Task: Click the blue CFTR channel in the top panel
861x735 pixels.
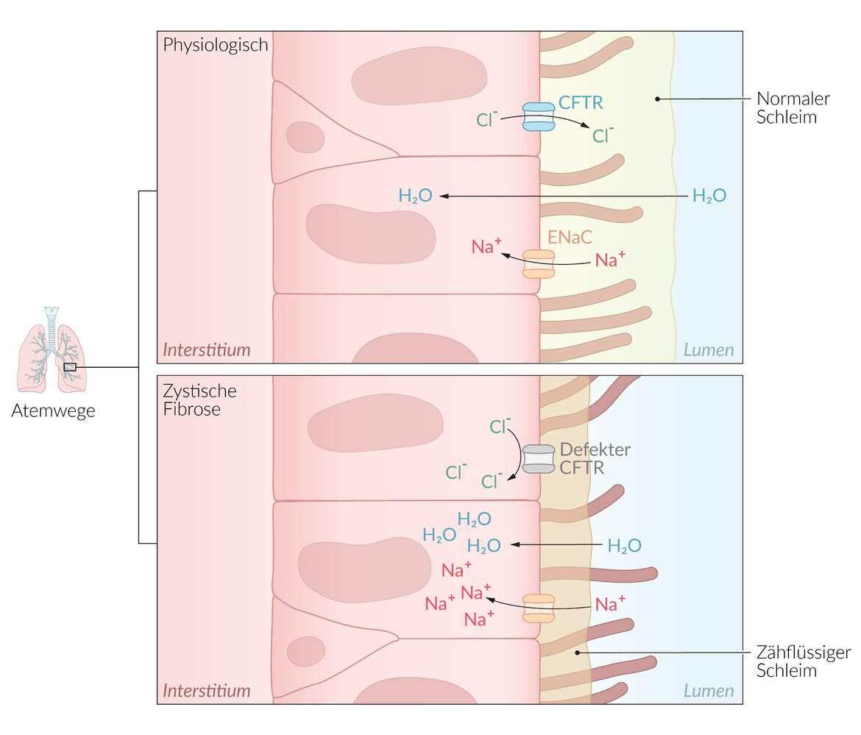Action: pos(537,117)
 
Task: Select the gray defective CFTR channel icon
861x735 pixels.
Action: pos(538,459)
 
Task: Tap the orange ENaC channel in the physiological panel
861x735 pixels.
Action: pos(538,264)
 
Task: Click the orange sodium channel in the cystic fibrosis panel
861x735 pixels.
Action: pos(538,608)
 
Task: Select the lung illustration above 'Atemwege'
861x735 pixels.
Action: pos(52,349)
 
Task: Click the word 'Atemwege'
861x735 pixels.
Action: pos(53,411)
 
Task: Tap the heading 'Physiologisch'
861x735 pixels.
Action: pos(215,45)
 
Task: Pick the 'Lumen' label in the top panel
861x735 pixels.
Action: pos(709,349)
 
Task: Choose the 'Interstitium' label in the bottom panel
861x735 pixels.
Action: pos(206,691)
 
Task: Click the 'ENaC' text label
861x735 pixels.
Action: pos(570,237)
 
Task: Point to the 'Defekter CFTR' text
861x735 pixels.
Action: pos(595,458)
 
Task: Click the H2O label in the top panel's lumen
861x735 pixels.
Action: pos(709,196)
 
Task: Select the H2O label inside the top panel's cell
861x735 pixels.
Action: pos(415,196)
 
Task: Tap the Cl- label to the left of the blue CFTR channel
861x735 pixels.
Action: pos(487,118)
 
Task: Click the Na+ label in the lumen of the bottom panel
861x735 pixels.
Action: pos(610,604)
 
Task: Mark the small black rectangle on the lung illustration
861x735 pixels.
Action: pos(70,366)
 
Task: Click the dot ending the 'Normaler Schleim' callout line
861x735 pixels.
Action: pos(656,98)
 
